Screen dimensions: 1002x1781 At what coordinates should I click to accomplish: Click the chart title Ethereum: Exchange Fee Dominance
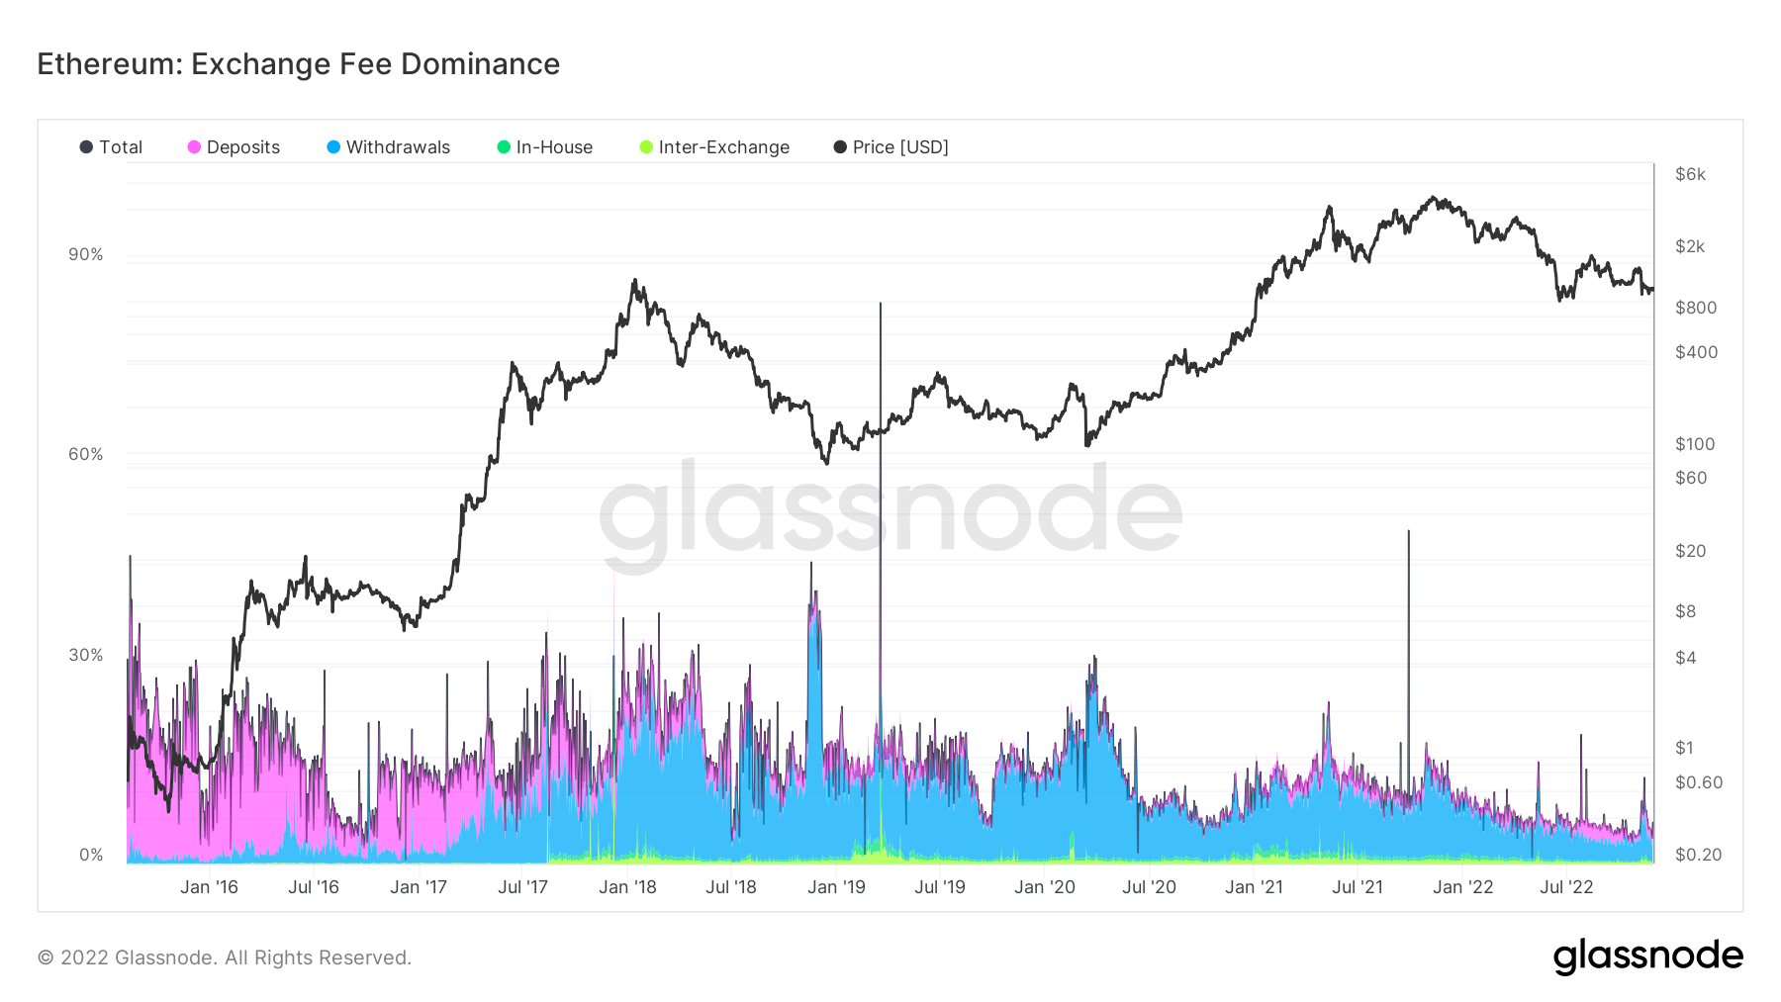tap(298, 64)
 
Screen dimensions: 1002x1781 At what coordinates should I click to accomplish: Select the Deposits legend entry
tap(234, 147)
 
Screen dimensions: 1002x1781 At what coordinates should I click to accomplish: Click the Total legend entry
tap(111, 147)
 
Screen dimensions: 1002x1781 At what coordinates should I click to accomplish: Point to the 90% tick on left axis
tap(86, 255)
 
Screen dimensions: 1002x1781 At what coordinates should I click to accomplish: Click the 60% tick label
tap(86, 455)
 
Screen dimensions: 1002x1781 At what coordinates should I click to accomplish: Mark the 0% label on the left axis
tap(91, 856)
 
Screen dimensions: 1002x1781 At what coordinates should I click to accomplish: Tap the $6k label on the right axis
tap(1690, 175)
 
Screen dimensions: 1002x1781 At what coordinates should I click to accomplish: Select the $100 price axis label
tap(1694, 444)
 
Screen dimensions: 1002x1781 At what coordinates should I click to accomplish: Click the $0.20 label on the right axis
tap(1698, 855)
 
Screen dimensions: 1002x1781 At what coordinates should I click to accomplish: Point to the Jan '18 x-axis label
tap(627, 887)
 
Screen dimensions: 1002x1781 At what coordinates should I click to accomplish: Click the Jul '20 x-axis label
tap(1149, 887)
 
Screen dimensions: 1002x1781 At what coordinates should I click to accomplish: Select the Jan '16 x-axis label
tap(209, 887)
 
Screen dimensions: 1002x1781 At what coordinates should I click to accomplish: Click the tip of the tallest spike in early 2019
tap(880, 305)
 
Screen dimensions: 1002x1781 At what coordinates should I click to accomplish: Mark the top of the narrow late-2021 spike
tap(1408, 532)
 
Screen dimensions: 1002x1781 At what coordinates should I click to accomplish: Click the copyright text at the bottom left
tap(225, 957)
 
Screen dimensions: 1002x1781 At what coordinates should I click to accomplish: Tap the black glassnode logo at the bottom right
tap(1647, 956)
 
